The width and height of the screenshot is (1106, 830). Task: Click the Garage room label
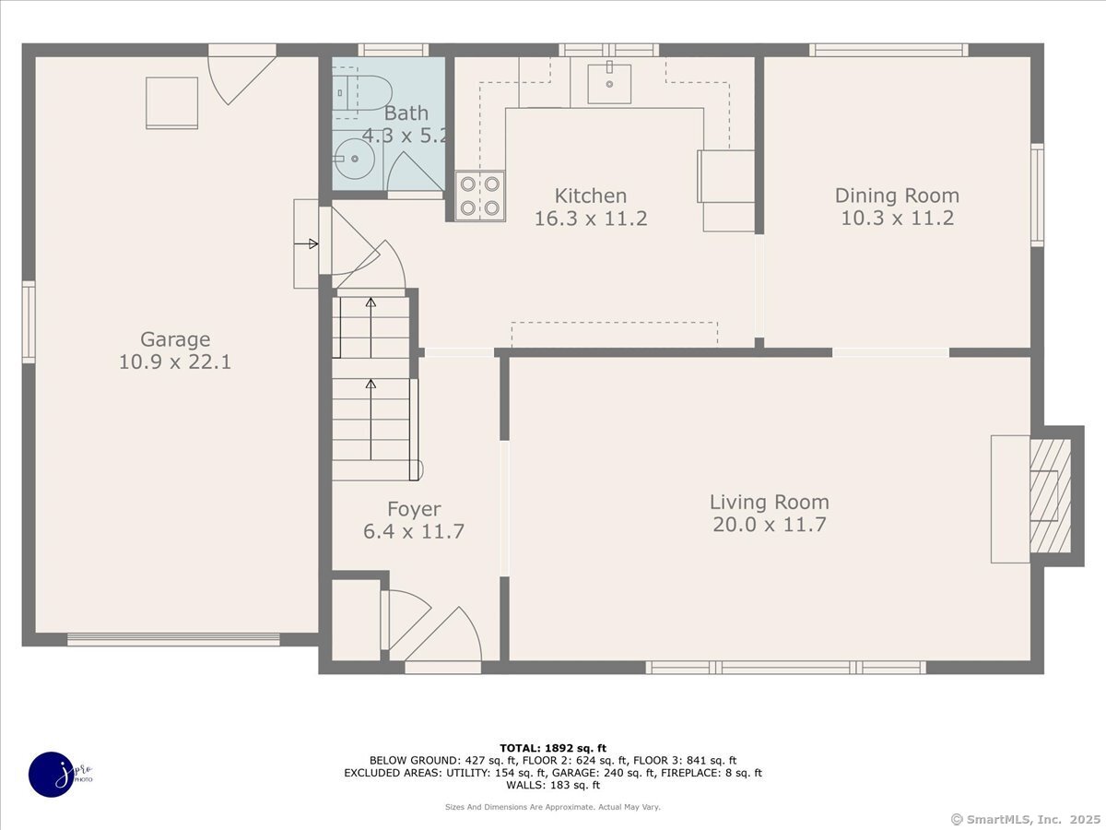175,339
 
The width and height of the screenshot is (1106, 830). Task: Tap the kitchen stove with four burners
480,196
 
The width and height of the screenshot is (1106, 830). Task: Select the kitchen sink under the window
608,84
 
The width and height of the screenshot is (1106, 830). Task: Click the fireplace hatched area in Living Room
1050,496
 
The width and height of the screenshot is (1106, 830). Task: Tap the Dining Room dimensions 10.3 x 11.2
897,219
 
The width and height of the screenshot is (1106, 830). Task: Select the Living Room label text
769,503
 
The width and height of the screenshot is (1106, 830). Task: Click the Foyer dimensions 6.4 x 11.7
413,532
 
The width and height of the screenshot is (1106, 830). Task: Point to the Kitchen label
590,196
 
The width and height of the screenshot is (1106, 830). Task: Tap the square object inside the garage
172,101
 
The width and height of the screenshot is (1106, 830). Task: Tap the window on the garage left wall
29,322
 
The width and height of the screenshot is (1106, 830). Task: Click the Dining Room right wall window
1037,195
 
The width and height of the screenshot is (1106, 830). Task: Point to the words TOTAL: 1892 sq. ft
553,748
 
